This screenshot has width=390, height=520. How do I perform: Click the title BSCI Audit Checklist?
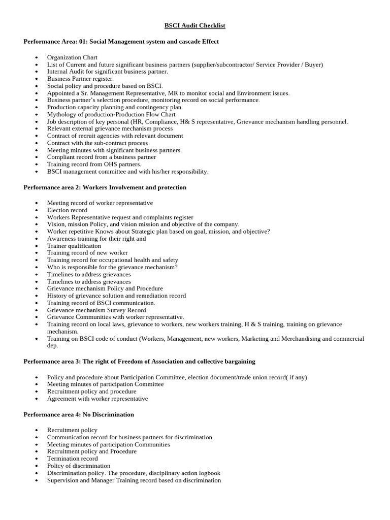(194, 25)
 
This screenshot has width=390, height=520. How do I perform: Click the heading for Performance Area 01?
(121, 42)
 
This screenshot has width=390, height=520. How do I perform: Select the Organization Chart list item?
(72, 57)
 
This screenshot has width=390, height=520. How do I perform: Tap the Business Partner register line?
(80, 79)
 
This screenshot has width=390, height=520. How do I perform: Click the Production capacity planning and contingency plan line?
(115, 107)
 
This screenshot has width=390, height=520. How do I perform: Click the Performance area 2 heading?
(105, 187)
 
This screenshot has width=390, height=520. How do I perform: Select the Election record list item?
(67, 210)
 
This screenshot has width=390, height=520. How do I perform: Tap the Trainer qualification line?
(74, 246)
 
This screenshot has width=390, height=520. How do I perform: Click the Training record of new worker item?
(87, 253)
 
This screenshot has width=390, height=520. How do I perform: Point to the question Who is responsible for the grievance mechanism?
(112, 267)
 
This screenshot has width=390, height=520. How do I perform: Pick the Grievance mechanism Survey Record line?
(97, 310)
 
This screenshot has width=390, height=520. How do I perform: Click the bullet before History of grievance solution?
(37, 296)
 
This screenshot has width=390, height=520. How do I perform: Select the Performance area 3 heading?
(139, 362)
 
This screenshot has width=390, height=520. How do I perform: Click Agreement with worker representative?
(97, 399)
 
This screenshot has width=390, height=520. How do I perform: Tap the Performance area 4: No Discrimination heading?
(79, 415)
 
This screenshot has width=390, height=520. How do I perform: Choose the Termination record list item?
(73, 459)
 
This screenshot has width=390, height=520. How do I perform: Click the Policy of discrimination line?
(79, 466)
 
